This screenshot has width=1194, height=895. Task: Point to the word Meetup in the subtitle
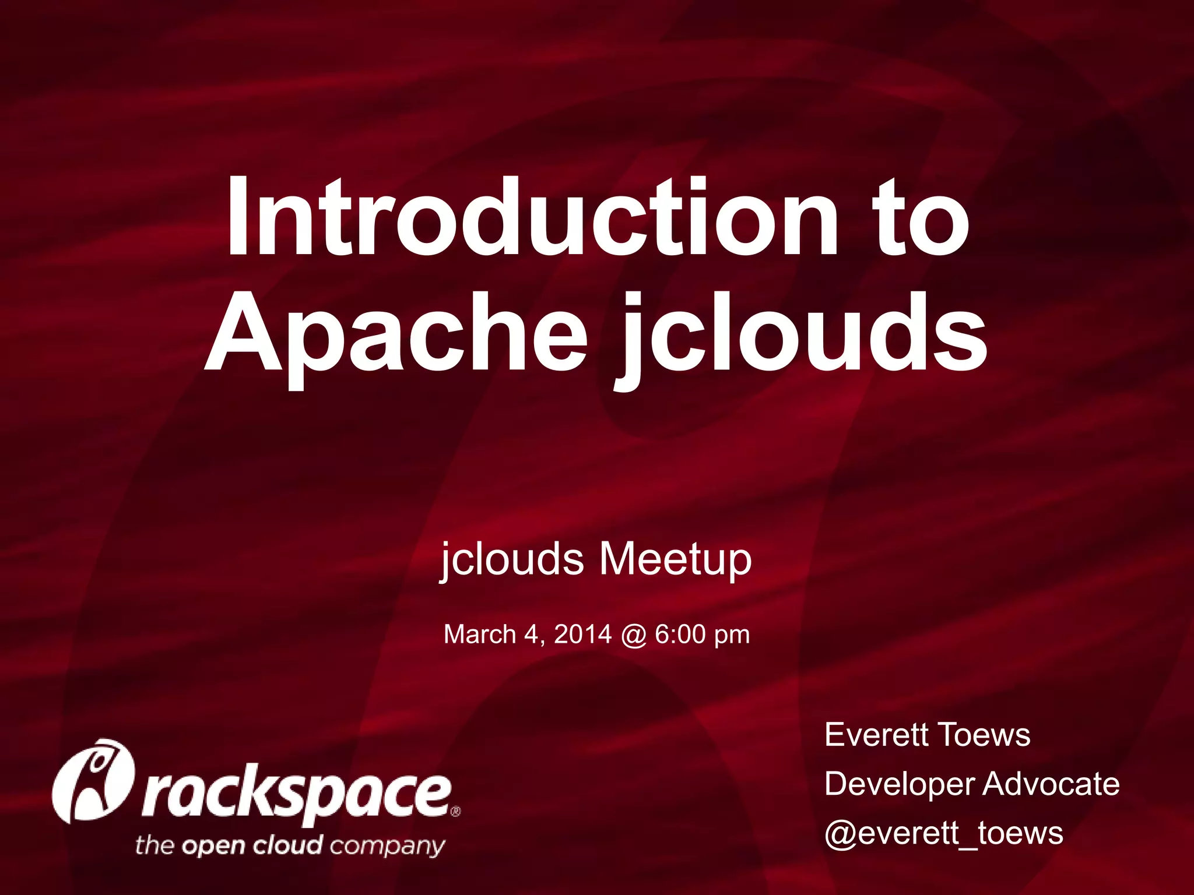(675, 559)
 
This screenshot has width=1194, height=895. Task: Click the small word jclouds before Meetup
(512, 559)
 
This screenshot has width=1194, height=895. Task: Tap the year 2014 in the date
(582, 635)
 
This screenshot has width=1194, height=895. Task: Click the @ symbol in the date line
(633, 635)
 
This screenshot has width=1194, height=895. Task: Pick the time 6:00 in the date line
(680, 635)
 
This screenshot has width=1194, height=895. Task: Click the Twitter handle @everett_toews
(943, 833)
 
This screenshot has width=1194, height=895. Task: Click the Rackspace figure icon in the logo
(93, 781)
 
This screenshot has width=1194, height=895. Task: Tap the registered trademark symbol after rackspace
(456, 811)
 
